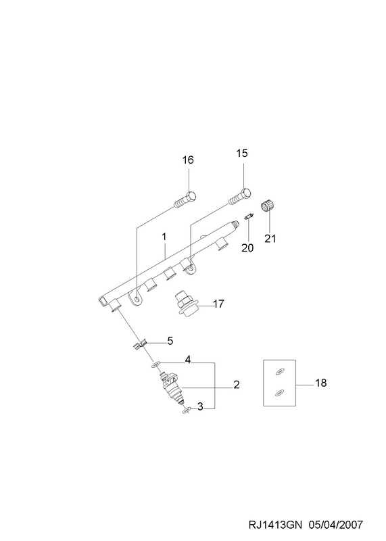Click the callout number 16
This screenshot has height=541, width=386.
point(188,160)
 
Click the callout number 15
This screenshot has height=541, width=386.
point(242,153)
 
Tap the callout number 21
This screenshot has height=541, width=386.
point(270,239)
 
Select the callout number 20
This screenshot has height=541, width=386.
point(247,248)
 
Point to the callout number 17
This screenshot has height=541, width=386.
point(219,304)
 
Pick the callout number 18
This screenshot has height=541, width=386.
point(321,383)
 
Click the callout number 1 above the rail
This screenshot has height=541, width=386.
point(164,237)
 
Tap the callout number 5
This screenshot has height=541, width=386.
point(170,341)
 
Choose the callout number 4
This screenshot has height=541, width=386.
point(188,360)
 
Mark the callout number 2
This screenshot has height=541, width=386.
point(237,384)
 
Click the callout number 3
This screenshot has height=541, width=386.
point(200,407)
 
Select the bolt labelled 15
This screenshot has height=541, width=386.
point(240,197)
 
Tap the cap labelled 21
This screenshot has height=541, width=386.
point(267,206)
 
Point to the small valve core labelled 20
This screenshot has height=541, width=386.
point(249,216)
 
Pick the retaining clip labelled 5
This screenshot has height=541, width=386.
point(140,344)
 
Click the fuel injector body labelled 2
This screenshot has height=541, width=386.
point(172,387)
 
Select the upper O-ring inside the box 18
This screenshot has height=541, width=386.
point(279,372)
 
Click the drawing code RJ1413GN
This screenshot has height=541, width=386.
point(275,525)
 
